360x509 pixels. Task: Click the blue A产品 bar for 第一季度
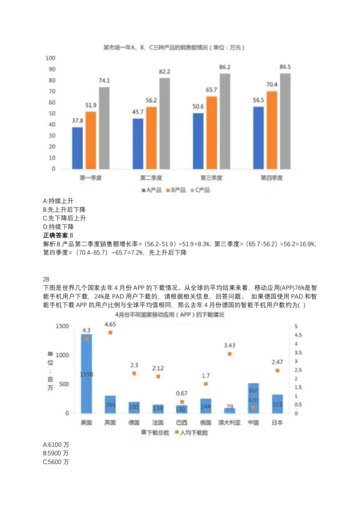pyautogui.click(x=77, y=148)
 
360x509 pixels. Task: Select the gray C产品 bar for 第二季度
pyautogui.click(x=165, y=123)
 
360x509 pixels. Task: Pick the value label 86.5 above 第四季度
pyautogui.click(x=285, y=67)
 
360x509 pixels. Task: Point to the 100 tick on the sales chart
pyautogui.click(x=50, y=58)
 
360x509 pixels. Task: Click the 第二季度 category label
pyautogui.click(x=151, y=178)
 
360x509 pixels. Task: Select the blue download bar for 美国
pyautogui.click(x=86, y=373)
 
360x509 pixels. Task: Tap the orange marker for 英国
pyautogui.click(x=110, y=333)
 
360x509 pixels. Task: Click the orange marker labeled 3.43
pyautogui.click(x=229, y=354)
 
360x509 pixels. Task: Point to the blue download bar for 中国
pyautogui.click(x=253, y=398)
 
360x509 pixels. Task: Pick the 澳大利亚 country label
pyautogui.click(x=229, y=423)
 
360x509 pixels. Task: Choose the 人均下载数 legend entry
pyautogui.click(x=191, y=433)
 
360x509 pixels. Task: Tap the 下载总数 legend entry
pyautogui.click(x=155, y=433)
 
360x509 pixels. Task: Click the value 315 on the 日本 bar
pyautogui.click(x=277, y=405)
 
